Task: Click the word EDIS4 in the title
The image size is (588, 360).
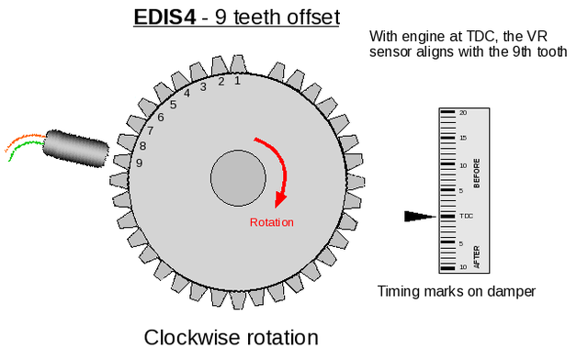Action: click(x=164, y=17)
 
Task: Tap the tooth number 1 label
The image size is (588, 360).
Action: click(x=237, y=80)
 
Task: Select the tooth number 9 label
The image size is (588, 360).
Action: click(x=139, y=163)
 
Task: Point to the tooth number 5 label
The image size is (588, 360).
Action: click(x=173, y=105)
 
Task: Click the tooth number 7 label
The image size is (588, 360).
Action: click(x=150, y=131)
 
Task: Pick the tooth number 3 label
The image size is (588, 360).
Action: click(x=203, y=87)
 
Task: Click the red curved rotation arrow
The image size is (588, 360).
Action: click(x=277, y=165)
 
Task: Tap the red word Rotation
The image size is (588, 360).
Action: click(x=272, y=222)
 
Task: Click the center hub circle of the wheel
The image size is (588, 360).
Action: click(x=238, y=178)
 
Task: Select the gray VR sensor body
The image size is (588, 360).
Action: click(x=75, y=149)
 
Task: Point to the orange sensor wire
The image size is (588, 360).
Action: click(x=23, y=141)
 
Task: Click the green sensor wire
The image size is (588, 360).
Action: click(x=26, y=149)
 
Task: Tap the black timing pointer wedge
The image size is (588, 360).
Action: click(x=420, y=217)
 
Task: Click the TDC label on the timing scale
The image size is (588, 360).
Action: click(x=466, y=216)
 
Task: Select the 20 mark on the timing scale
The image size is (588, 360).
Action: click(x=463, y=112)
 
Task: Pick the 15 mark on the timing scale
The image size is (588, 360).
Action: click(x=463, y=138)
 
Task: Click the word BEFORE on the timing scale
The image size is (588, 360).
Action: click(x=477, y=174)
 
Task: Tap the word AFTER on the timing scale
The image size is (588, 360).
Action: click(x=477, y=257)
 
